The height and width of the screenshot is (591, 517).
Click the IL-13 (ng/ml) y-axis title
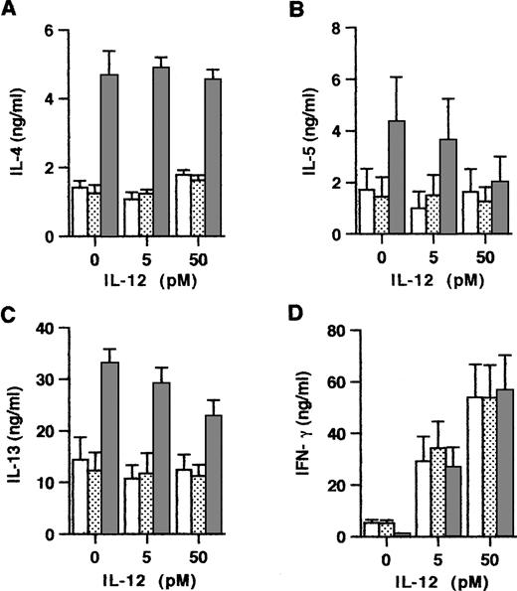15,433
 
